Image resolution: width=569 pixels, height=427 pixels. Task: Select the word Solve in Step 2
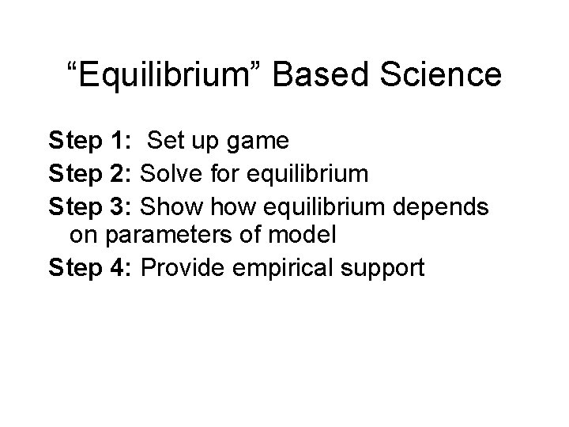point(168,173)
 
